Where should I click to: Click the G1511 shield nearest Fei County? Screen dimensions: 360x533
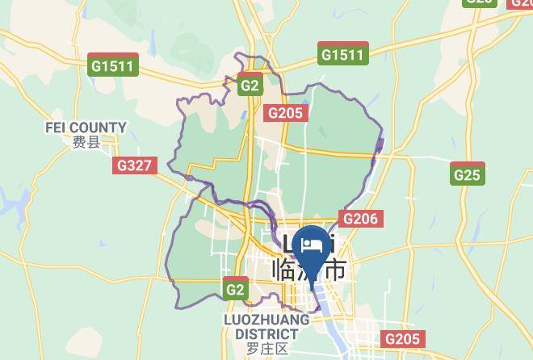[113, 66]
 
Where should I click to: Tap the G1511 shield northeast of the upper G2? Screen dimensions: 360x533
[342, 54]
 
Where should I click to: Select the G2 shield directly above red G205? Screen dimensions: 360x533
[250, 85]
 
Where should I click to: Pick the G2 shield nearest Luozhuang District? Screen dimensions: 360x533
[235, 289]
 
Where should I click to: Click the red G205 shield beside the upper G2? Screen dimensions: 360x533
[286, 113]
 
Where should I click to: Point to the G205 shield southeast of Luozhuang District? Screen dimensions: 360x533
[401, 340]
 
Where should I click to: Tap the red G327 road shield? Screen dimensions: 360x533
[133, 165]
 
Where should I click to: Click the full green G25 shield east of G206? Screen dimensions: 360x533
[467, 174]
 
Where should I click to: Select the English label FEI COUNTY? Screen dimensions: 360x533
[86, 128]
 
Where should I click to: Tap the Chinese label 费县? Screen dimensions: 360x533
[86, 143]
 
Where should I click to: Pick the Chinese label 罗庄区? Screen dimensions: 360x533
[267, 349]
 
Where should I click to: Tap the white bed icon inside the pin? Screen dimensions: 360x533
[313, 243]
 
